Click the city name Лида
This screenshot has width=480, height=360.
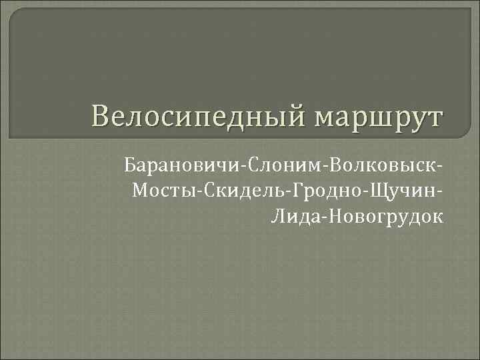click(293, 215)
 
